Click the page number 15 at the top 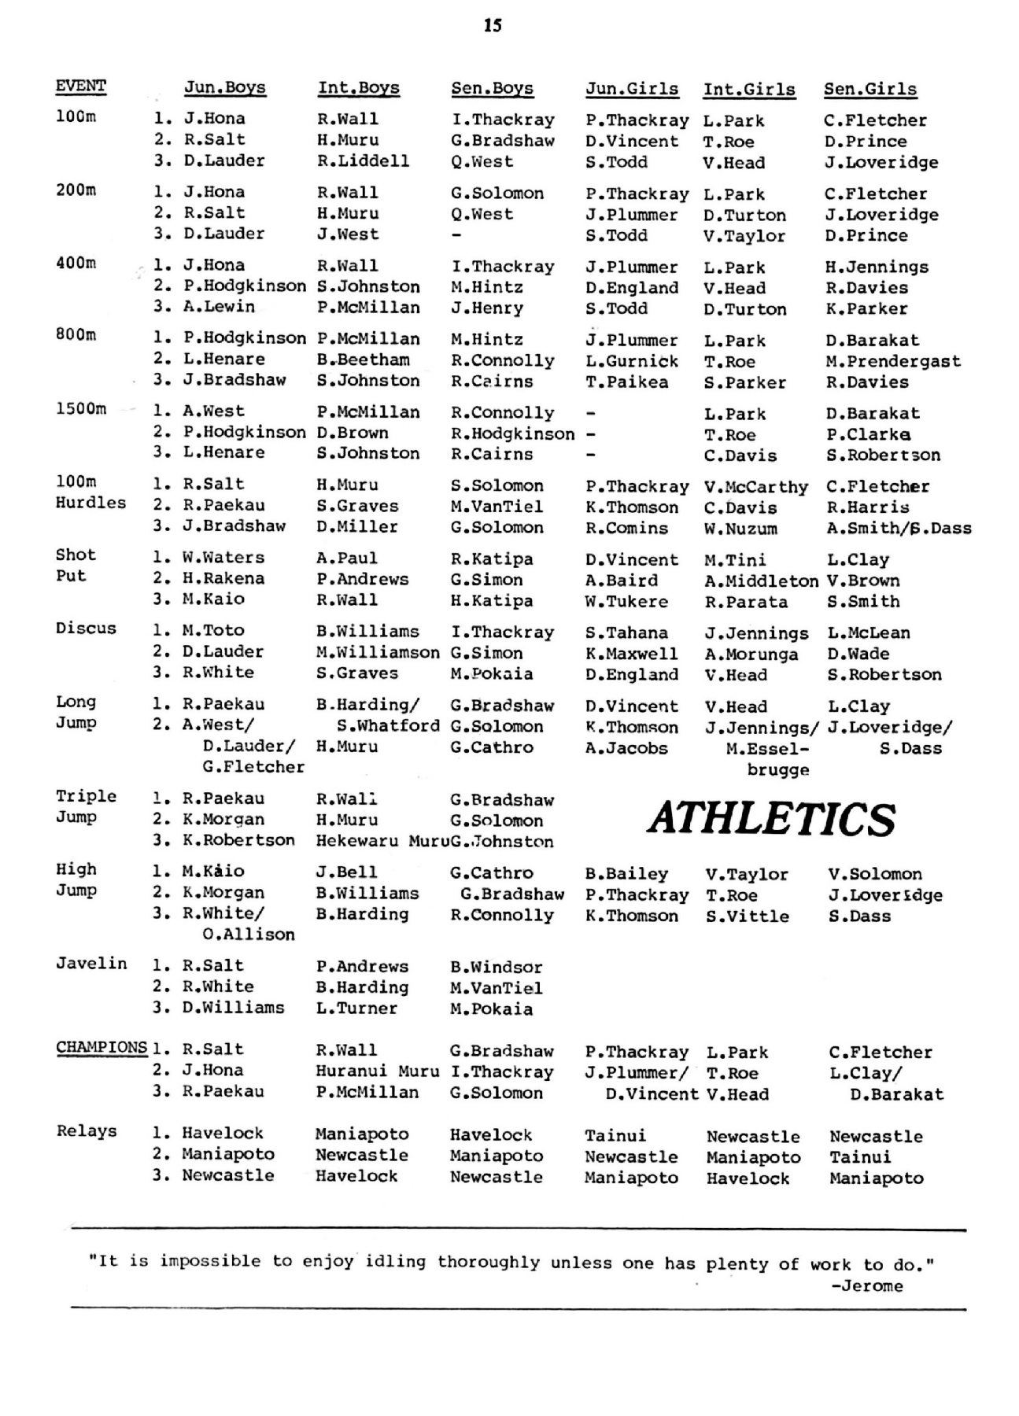click(x=493, y=25)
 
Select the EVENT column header click(x=80, y=87)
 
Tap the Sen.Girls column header click(x=869, y=89)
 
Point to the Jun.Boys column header click(x=224, y=87)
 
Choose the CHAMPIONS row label click(x=102, y=1048)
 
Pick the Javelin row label click(x=91, y=964)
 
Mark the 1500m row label click(x=80, y=409)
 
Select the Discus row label click(x=86, y=629)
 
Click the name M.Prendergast click(x=892, y=361)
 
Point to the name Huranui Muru click(x=377, y=1071)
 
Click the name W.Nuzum click(x=740, y=529)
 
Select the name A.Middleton click(x=761, y=581)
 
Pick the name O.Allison click(x=248, y=935)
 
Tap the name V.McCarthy click(x=755, y=487)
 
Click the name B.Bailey click(x=626, y=874)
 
